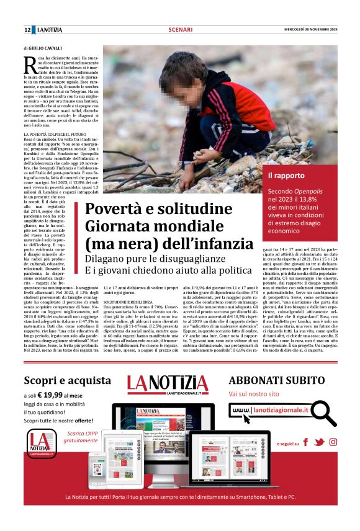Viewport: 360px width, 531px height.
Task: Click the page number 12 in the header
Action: click(28, 30)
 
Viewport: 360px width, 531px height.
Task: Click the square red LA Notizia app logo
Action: click(40, 460)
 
